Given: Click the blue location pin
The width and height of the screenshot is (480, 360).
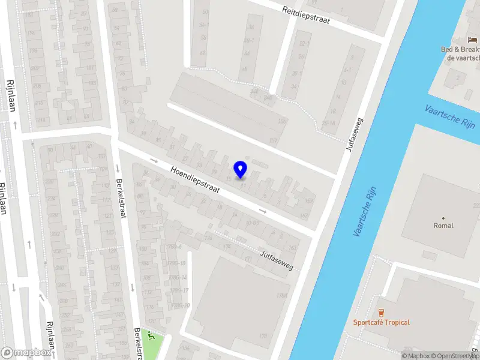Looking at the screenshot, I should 241,169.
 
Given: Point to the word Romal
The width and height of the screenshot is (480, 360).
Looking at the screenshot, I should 443,226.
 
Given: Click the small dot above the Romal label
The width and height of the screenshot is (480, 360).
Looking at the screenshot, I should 443,218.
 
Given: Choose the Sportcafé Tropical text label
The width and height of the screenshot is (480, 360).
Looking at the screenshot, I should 381,322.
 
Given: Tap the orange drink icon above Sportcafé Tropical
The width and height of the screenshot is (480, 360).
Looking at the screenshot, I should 380,312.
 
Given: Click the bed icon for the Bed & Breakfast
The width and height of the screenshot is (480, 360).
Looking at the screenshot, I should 473,39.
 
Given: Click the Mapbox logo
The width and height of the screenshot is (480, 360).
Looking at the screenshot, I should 26,352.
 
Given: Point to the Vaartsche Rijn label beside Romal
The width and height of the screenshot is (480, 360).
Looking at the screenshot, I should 367,210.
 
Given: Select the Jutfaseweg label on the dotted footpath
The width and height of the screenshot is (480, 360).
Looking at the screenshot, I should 276,261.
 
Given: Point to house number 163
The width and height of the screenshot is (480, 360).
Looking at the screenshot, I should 293,247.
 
